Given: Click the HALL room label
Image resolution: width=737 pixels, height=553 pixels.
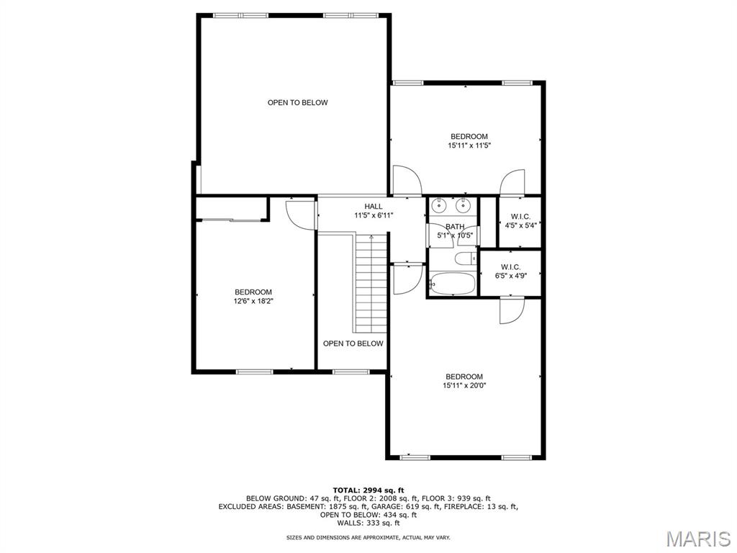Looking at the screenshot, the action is (x=374, y=207).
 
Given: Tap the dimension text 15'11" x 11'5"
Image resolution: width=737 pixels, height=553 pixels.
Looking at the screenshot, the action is (x=469, y=145).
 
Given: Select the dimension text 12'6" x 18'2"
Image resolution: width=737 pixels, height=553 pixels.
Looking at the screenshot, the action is (x=253, y=301).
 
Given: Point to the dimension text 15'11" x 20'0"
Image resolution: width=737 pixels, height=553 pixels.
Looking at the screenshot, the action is (x=464, y=386).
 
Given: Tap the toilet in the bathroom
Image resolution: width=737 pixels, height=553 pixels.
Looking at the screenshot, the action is (x=466, y=258).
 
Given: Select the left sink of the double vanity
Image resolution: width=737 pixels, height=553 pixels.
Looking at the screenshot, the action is (x=439, y=204).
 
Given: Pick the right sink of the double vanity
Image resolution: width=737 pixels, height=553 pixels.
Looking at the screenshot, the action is (x=464, y=204).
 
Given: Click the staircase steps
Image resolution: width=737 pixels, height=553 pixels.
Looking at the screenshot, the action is (x=371, y=283).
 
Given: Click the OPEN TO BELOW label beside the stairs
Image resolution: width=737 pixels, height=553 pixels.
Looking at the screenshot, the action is (x=353, y=343).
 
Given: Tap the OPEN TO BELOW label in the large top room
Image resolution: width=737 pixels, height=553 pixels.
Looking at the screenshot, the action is (x=297, y=102).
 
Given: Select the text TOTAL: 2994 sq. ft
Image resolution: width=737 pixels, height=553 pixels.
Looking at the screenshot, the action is (x=368, y=490).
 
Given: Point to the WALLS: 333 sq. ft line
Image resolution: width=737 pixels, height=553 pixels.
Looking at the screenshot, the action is (x=368, y=523).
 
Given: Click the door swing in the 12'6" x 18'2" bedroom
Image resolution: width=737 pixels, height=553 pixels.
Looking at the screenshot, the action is (x=301, y=215).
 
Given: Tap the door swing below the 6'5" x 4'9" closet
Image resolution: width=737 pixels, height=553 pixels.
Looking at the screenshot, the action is (x=512, y=310).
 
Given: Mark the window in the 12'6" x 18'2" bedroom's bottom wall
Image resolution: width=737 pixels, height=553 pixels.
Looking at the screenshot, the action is (x=254, y=372).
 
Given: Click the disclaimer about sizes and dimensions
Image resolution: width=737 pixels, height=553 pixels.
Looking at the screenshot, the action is (x=368, y=537).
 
